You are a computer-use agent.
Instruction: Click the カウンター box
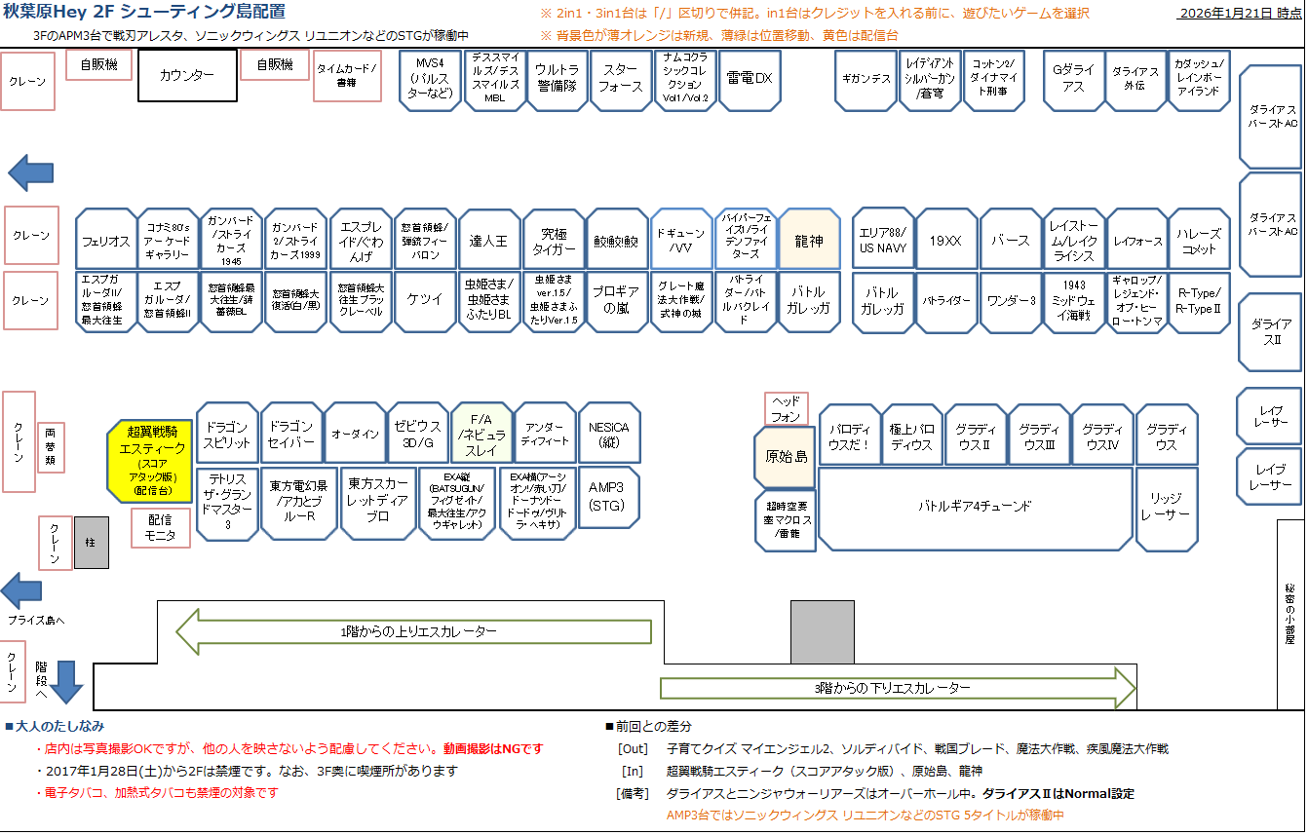point(187,76)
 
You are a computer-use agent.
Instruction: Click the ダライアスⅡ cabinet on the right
point(1270,332)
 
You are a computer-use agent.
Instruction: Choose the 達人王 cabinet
point(488,240)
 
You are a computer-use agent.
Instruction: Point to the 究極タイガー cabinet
point(553,240)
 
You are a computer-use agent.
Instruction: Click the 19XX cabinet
point(945,240)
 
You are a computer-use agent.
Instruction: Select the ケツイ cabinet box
point(425,301)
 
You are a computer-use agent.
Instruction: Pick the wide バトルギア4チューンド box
point(975,507)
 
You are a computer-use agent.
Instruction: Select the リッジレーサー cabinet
point(1166,507)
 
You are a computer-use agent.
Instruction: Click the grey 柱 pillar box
point(92,542)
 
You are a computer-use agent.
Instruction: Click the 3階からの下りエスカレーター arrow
point(897,689)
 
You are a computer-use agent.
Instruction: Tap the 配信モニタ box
point(160,528)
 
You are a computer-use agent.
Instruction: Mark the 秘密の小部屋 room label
point(1290,614)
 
